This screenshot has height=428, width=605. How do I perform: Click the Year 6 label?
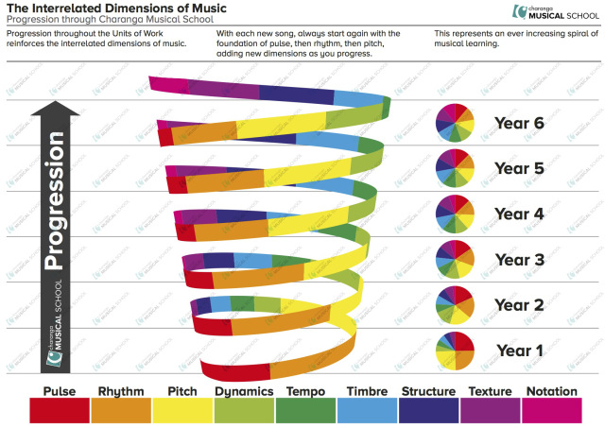point(521,123)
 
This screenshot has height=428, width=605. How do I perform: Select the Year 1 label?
point(521,351)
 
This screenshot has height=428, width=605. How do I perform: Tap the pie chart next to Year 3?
point(454,259)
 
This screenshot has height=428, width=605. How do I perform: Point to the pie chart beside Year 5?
point(454,168)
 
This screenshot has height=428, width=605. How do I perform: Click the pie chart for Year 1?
point(454,351)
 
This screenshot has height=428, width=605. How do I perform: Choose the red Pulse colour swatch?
point(60,410)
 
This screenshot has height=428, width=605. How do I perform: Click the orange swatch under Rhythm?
point(121,410)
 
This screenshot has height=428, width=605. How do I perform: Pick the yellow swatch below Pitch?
point(181,410)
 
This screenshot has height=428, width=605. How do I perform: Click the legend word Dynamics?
point(244,391)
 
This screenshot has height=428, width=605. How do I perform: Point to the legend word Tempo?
point(305,391)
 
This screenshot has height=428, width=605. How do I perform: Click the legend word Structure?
point(428,391)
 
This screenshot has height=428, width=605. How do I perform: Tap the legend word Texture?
point(490,391)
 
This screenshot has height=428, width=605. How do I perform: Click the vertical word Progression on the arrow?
point(55,203)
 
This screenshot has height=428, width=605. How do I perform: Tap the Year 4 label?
point(521,214)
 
